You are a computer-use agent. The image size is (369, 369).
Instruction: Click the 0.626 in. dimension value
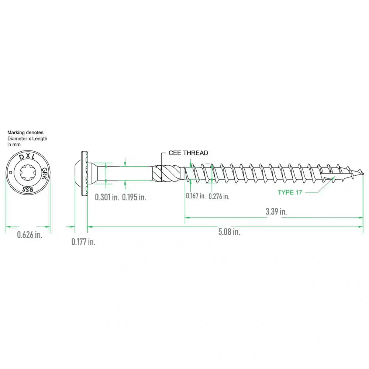30,235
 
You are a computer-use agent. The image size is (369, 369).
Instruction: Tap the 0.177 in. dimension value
83,242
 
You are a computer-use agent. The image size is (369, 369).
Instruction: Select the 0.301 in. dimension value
107,197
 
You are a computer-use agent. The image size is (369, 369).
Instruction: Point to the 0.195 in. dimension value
134,197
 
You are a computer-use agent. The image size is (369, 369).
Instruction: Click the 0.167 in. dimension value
196,196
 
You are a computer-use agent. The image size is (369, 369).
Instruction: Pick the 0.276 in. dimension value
219,196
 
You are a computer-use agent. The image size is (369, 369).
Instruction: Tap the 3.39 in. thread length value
276,211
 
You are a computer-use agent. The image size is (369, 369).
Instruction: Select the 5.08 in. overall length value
229,232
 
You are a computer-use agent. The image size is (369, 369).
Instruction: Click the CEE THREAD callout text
188,153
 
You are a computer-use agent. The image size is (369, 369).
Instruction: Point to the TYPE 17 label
290,193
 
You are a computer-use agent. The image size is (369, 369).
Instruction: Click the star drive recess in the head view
28,173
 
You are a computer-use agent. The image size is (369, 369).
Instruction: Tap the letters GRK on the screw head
45,173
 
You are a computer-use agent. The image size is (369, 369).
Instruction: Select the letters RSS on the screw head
28,189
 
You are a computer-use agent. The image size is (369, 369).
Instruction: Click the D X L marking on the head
27,157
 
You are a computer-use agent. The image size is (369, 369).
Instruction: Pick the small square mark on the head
10,173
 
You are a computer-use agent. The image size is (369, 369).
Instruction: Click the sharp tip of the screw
363,174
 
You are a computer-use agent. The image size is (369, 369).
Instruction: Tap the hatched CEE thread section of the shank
168,173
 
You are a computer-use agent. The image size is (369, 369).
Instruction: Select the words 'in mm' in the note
14,145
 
